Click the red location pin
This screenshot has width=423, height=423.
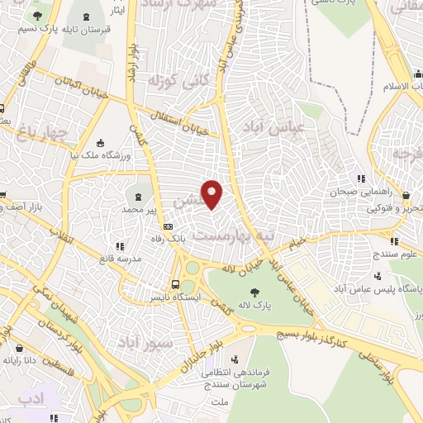[213, 194]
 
